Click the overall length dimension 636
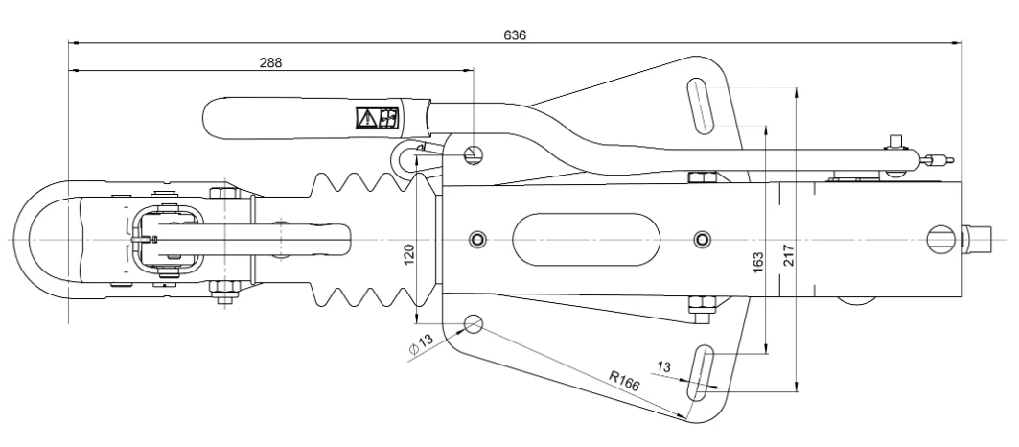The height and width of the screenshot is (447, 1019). [x=515, y=35]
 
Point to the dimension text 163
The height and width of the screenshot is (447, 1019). [x=757, y=261]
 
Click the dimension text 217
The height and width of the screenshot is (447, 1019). [x=789, y=256]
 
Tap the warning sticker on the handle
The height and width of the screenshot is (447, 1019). [x=378, y=118]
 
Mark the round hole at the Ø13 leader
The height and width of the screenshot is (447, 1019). [x=474, y=323]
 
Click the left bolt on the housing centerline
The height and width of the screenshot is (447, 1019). [x=477, y=238]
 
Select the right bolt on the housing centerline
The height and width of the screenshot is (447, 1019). [x=703, y=238]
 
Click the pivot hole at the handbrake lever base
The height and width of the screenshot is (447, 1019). [x=473, y=153]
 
